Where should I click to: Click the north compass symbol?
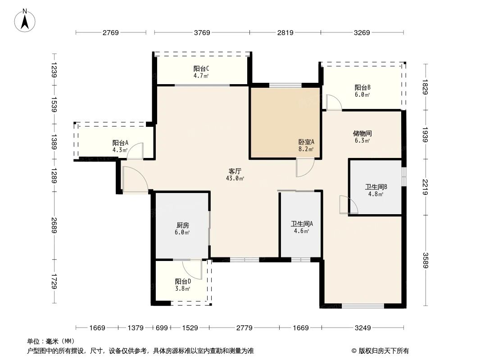[x=26, y=21]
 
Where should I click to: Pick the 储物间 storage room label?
[x=362, y=133]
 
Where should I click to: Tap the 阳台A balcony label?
[x=120, y=143]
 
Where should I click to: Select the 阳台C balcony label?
[x=201, y=68]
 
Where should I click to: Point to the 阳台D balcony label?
[x=183, y=281]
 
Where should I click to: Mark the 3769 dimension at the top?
[x=202, y=32]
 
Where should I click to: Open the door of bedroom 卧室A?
[x=304, y=167]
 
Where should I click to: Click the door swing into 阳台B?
[x=333, y=103]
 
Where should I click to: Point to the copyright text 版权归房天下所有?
[x=383, y=351]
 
